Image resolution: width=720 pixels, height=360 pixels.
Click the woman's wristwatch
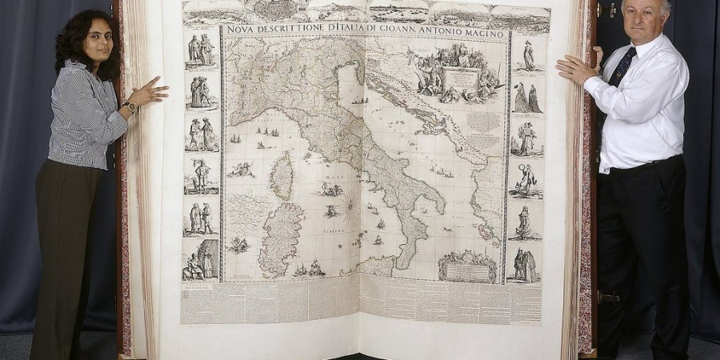pyautogui.click(x=130, y=107)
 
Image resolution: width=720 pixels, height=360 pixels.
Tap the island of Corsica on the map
pyautogui.click(x=281, y=175)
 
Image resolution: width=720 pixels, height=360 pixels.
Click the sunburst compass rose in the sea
pyautogui.click(x=350, y=210)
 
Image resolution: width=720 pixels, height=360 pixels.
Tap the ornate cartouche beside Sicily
pyautogui.click(x=466, y=266)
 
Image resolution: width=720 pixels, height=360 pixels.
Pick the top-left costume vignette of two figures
pyautogui.click(x=201, y=50)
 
